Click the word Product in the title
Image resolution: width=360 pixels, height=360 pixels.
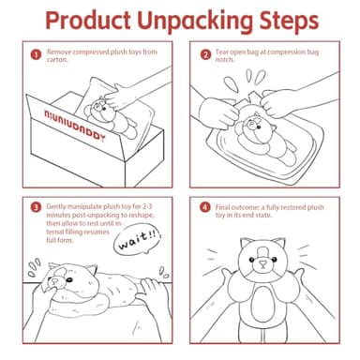click(88, 21)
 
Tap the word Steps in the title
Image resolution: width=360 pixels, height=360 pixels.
click(289, 22)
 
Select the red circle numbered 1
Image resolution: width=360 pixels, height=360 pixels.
click(36, 55)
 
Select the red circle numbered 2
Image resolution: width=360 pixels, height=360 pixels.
click(205, 55)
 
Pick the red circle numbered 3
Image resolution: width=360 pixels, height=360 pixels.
click(36, 207)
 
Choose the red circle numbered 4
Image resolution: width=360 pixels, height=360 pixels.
click(205, 207)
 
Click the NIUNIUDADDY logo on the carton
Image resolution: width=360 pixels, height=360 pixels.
click(75, 126)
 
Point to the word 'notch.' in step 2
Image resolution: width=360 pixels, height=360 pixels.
click(224, 60)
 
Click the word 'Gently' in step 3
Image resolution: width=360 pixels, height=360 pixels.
click(56, 207)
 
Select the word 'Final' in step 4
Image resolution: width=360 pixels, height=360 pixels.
click(222, 207)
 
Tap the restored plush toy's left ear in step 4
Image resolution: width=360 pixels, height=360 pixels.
click(247, 243)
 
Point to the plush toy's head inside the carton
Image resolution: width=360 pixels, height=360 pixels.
click(99, 111)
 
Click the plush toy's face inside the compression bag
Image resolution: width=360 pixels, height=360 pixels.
click(252, 125)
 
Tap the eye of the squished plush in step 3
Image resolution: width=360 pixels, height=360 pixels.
click(69, 279)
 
